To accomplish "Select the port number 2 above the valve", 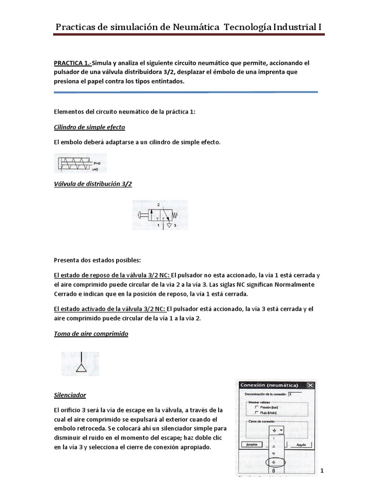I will [158, 203].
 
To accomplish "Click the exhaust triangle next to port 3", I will [169, 225].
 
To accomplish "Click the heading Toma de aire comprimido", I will [91, 334].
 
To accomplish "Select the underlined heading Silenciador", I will [69, 395].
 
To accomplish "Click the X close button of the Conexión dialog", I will [310, 385].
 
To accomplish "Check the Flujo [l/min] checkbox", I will [256, 413].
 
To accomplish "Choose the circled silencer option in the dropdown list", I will [274, 462].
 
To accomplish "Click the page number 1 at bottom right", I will [322, 471].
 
